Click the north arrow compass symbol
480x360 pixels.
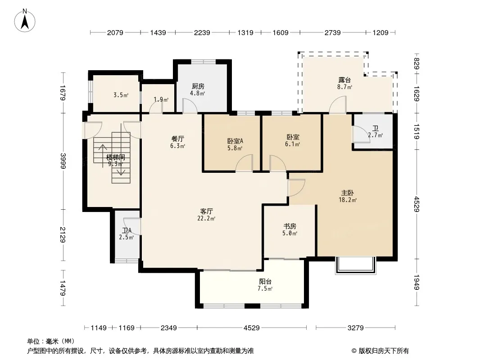click(25, 21)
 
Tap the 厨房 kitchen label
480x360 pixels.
click(198, 86)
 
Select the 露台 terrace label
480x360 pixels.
click(344, 80)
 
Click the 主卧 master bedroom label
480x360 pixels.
click(348, 193)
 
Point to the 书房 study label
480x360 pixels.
click(290, 226)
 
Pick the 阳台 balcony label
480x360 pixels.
click(265, 282)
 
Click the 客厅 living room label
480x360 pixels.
click(206, 211)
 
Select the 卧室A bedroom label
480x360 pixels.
click(235, 141)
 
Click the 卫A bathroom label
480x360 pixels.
click(127, 230)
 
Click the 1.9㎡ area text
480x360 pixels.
click(161, 99)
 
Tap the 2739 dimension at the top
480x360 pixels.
click(332, 32)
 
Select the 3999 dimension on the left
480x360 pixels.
click(63, 161)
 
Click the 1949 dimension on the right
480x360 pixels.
click(417, 282)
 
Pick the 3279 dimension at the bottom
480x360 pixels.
click(355, 328)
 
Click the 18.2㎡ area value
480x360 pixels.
click(348, 200)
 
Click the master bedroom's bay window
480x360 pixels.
click(355, 265)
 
